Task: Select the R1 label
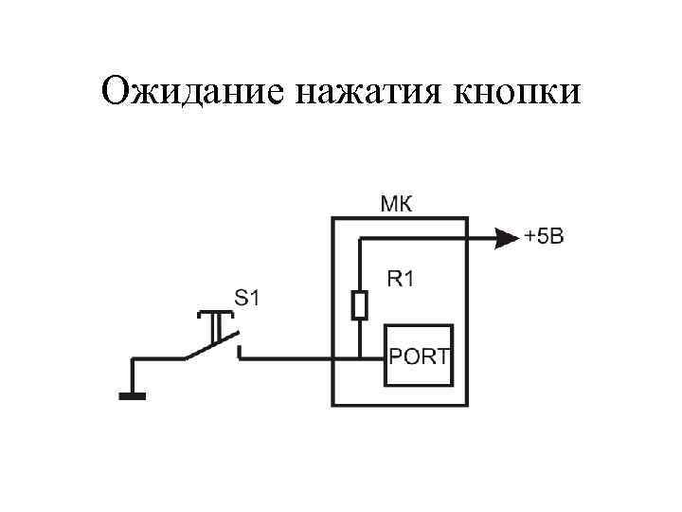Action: pos(402,279)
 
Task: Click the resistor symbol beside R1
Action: pos(360,305)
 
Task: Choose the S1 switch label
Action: pos(246,297)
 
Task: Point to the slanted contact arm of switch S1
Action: pos(209,348)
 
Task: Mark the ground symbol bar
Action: pos(133,396)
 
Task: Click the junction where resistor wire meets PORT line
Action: pos(360,358)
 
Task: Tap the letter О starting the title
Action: pos(118,92)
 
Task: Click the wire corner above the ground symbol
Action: pos(133,359)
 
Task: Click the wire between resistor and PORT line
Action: pos(360,338)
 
